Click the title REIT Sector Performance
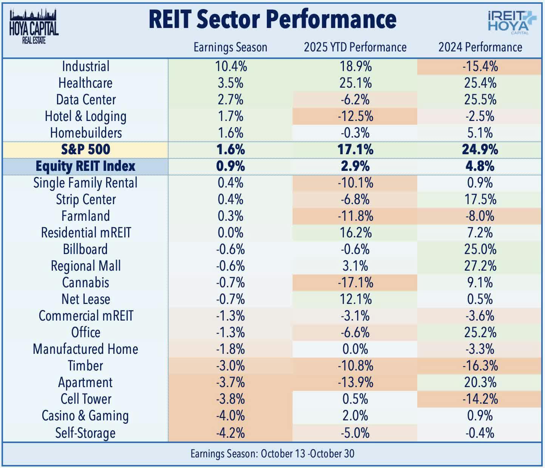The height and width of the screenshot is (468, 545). pyautogui.click(x=272, y=20)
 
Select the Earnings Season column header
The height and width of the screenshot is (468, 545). pyautogui.click(x=230, y=47)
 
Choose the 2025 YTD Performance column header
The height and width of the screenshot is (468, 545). pyautogui.click(x=355, y=47)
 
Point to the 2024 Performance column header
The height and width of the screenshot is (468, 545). pyautogui.click(x=480, y=47)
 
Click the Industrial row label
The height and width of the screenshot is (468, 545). pyautogui.click(x=86, y=66)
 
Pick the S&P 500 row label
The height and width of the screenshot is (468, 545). pyautogui.click(x=86, y=149)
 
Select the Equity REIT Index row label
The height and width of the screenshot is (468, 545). pyautogui.click(x=85, y=166)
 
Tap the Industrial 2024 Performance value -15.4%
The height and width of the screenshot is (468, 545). pyautogui.click(x=480, y=66)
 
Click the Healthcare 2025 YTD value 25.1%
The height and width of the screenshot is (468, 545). pyautogui.click(x=355, y=83)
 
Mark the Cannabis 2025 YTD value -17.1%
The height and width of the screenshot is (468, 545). pyautogui.click(x=355, y=282)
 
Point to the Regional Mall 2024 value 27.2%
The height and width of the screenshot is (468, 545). pyautogui.click(x=480, y=266)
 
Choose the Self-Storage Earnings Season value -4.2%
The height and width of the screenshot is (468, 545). pyautogui.click(x=230, y=432)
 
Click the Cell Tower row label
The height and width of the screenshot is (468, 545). pyautogui.click(x=86, y=399)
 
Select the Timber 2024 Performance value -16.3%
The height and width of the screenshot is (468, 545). pyautogui.click(x=480, y=366)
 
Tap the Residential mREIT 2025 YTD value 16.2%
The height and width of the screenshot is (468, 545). pyautogui.click(x=355, y=232)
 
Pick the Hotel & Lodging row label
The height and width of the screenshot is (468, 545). pyautogui.click(x=85, y=116)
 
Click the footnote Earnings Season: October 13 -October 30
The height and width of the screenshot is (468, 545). pyautogui.click(x=272, y=454)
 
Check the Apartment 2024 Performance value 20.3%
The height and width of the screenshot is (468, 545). pyautogui.click(x=480, y=382)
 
